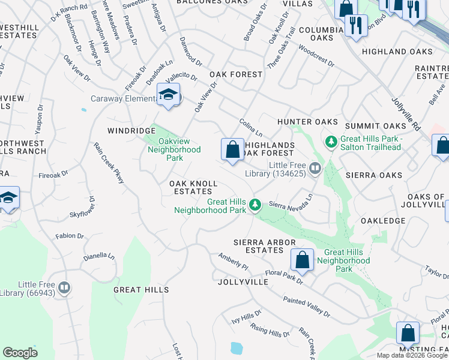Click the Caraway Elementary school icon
coord(169,95)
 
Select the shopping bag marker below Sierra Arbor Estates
coord(302,260)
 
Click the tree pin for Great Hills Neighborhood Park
coord(255,205)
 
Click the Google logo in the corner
coord(20,353)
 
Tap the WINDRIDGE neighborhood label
coord(131,130)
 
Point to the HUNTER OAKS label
coord(303,122)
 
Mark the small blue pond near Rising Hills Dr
coord(237,348)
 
